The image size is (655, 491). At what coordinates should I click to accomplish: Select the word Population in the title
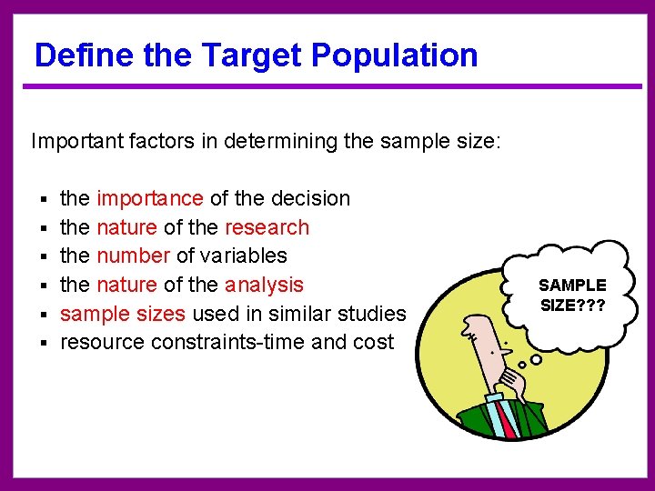pos(394,55)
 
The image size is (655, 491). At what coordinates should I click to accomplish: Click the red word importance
pos(150,198)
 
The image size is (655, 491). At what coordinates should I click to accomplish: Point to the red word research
pos(267,227)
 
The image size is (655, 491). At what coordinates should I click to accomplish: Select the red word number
pos(133,256)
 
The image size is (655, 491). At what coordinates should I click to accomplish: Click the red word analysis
pos(264,285)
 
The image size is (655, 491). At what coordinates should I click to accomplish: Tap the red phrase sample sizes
pos(123,314)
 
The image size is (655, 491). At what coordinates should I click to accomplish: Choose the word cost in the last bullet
pos(374,342)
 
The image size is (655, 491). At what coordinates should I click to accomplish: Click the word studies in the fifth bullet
pos(373,314)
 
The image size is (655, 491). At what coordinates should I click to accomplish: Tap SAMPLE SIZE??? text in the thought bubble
pos(572,295)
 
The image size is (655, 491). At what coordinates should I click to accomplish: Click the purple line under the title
pos(327,87)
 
